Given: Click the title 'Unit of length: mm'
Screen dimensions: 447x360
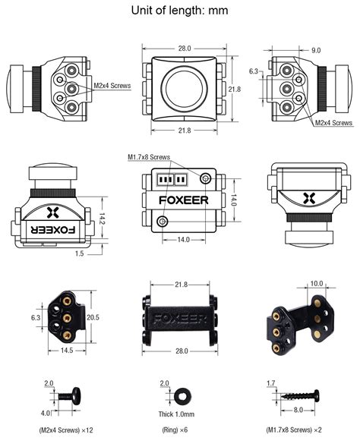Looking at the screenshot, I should (x=179, y=10).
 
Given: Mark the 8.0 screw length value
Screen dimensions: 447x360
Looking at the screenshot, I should (x=299, y=411).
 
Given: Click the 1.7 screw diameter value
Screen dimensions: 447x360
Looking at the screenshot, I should (x=271, y=385).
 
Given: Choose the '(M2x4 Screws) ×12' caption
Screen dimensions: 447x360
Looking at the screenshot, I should (x=65, y=430).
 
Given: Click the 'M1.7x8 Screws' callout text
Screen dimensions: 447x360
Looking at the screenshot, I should (x=149, y=157).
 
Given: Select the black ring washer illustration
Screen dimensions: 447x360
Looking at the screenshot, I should (x=182, y=398).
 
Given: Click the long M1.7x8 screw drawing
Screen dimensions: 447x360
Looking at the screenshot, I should (x=299, y=395).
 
